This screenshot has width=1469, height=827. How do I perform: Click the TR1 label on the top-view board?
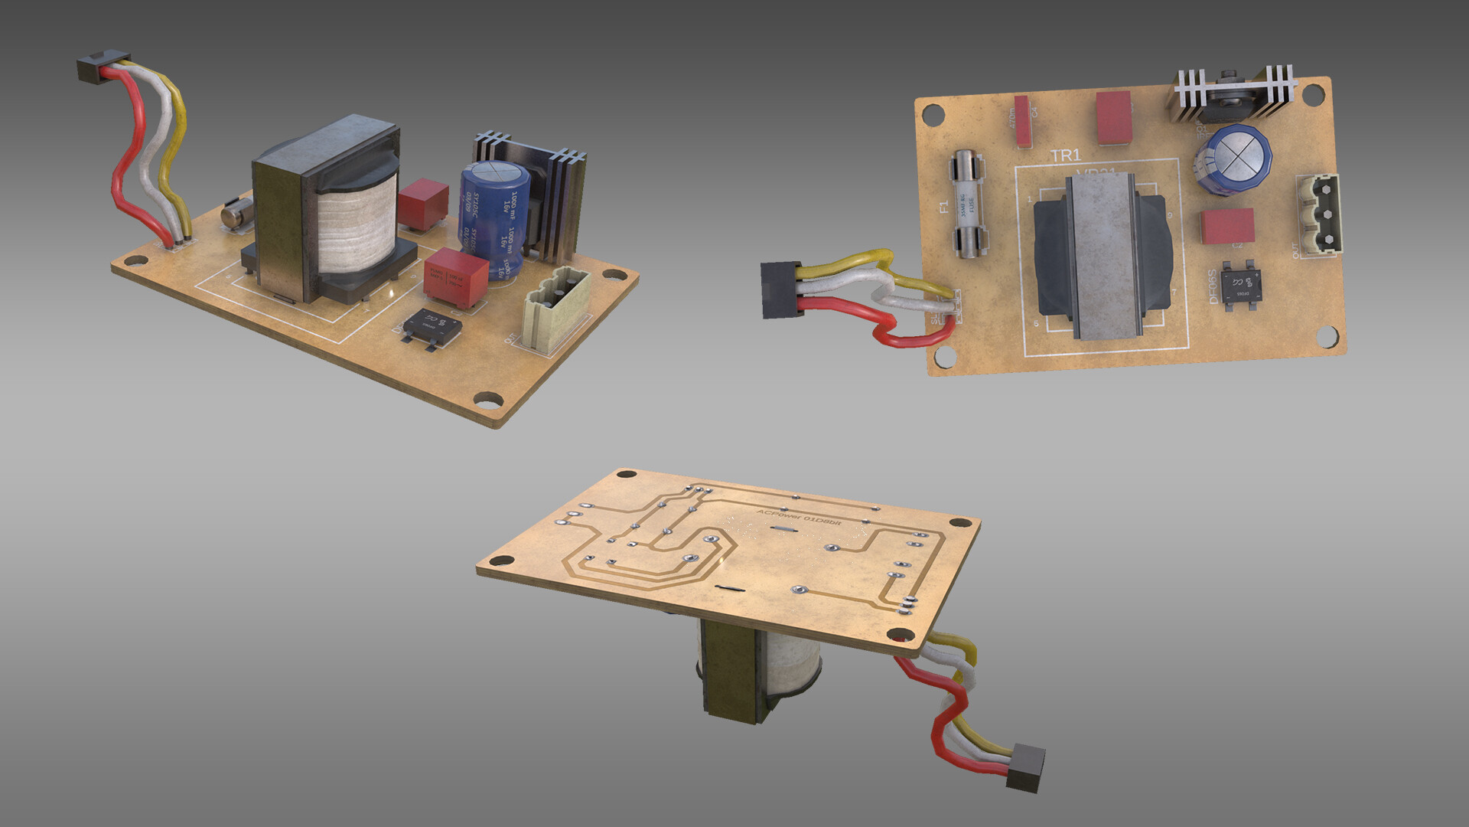[x=1065, y=156]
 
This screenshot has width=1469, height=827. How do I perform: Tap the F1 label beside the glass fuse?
[x=943, y=207]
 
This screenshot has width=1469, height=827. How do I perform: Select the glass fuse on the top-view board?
[x=968, y=204]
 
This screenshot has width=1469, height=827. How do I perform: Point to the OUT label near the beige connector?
[x=1295, y=251]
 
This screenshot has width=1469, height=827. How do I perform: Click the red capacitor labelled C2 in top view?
[x=1227, y=226]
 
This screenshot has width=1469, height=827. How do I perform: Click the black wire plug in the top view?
[x=780, y=289]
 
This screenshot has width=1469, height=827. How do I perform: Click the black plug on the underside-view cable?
[x=1025, y=767]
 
